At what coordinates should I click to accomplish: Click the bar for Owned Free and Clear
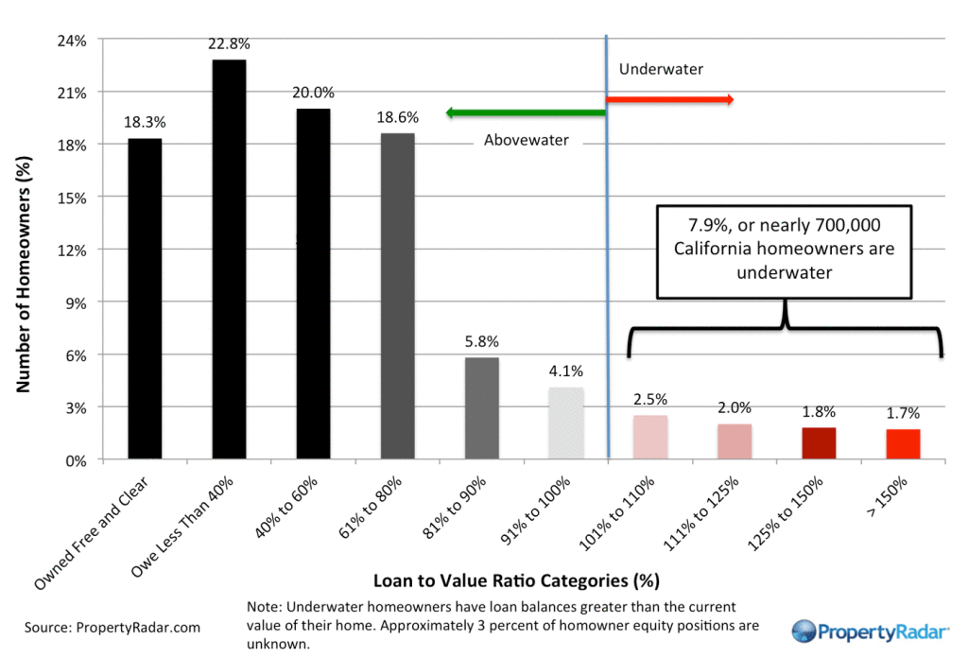point(145,299)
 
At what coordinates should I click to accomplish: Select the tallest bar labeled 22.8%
point(229,260)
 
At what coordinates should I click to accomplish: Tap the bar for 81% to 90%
point(482,408)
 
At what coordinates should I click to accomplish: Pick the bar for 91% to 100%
point(566,424)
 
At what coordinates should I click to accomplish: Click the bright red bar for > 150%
point(903,444)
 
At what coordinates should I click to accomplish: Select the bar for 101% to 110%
point(650,438)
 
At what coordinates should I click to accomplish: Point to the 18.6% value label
point(397,117)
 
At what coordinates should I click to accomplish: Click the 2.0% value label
point(735,408)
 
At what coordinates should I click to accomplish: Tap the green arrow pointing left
point(525,113)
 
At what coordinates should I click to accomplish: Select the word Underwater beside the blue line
point(662,69)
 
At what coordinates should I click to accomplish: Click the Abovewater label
point(527,140)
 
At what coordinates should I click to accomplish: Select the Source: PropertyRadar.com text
point(112,627)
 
